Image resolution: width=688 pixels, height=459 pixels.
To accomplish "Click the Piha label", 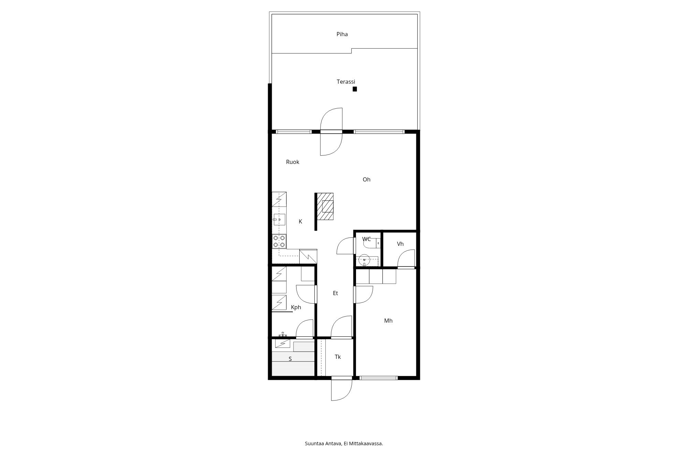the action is [x=342, y=34].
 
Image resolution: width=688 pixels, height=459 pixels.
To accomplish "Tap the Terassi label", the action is [x=346, y=82].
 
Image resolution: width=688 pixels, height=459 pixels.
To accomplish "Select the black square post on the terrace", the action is [x=355, y=89].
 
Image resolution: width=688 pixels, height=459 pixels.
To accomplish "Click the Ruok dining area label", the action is [x=292, y=162].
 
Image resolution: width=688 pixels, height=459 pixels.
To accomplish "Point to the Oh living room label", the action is [x=366, y=179].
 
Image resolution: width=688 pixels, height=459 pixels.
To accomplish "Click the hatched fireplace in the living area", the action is [x=325, y=206].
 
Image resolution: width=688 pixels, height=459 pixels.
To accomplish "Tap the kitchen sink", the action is [x=279, y=219].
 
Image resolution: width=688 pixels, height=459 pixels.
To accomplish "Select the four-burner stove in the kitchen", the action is [x=279, y=241].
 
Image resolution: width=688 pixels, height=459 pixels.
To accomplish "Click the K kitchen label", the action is [x=300, y=221].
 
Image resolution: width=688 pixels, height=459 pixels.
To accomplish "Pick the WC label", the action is [x=366, y=239].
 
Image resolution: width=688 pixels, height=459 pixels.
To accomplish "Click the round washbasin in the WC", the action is [x=364, y=260].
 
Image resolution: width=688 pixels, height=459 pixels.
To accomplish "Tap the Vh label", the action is [x=400, y=244].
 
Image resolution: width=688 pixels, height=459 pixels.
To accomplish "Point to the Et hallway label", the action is [x=335, y=293].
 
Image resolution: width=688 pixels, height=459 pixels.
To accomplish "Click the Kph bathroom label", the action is [x=296, y=307].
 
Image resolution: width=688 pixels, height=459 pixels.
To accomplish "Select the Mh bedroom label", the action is [x=388, y=321].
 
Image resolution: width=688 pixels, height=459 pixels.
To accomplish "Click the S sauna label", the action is [x=290, y=359].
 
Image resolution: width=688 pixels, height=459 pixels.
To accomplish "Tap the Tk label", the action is [x=338, y=357].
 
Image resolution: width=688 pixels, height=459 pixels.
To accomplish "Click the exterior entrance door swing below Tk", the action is [x=342, y=390].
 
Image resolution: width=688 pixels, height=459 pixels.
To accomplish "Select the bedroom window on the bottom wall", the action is [x=378, y=378].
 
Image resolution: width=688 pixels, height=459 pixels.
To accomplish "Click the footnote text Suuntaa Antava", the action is [x=323, y=444].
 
